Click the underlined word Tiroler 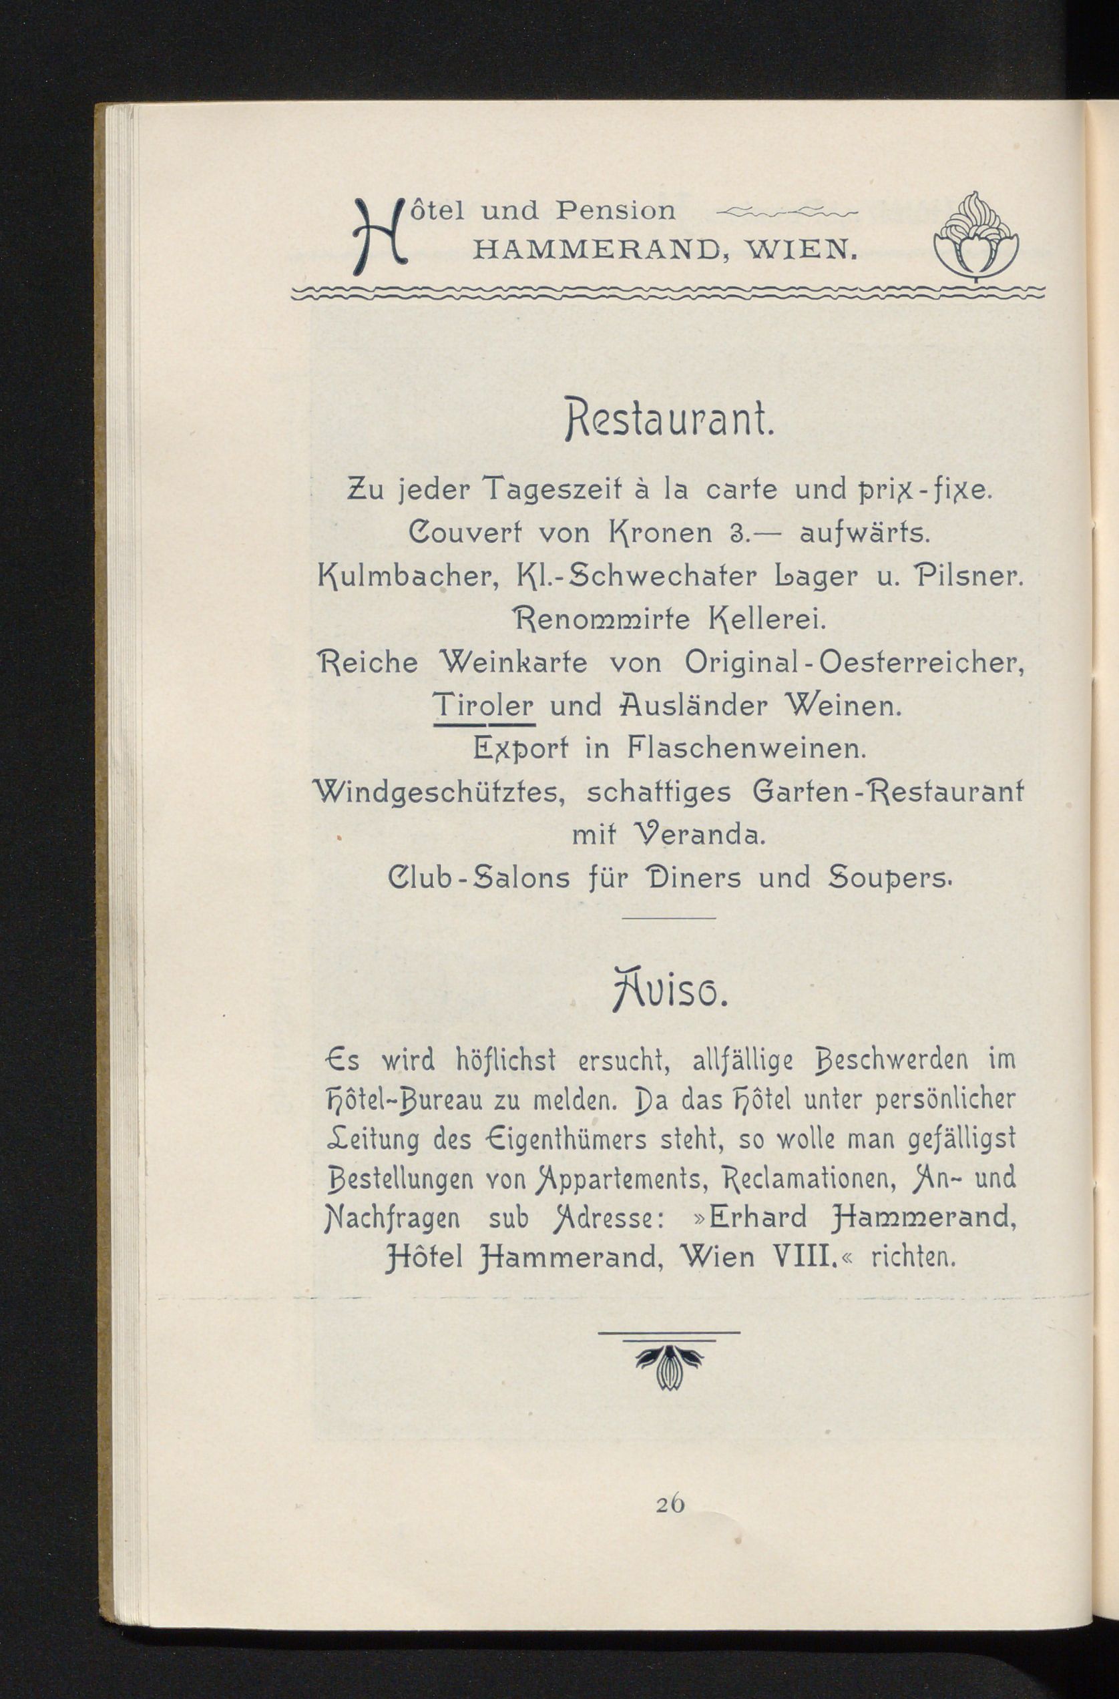[483, 707]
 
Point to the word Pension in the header [616, 210]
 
